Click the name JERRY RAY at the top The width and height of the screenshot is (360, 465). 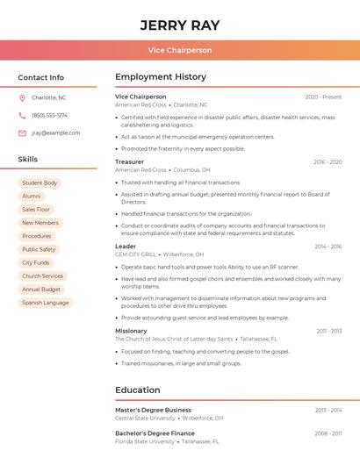pos(180,25)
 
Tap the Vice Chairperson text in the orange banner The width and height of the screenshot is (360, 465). pos(180,50)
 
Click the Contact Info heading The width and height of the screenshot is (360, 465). pos(40,77)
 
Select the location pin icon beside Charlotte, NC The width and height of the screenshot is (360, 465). pos(22,98)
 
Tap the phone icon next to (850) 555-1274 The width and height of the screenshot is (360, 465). pos(22,115)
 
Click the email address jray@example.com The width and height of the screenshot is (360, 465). pos(55,133)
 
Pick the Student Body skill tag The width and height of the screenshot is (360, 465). pos(40,183)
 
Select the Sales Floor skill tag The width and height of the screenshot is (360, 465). pos(36,210)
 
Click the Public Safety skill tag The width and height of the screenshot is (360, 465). pos(39,249)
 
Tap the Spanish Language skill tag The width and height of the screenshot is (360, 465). pos(45,303)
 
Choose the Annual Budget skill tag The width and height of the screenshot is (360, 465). pos(41,290)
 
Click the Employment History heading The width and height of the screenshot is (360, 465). pos(161,77)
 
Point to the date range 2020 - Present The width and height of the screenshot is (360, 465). pos(323,97)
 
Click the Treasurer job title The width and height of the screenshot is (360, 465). pos(129,162)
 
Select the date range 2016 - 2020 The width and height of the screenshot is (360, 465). pos(327,162)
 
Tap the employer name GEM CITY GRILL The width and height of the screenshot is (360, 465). pos(135,254)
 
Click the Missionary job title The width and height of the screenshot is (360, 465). pos(131,331)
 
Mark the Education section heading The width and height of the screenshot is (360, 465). pos(138,390)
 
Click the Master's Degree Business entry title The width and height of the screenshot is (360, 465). pos(153,410)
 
